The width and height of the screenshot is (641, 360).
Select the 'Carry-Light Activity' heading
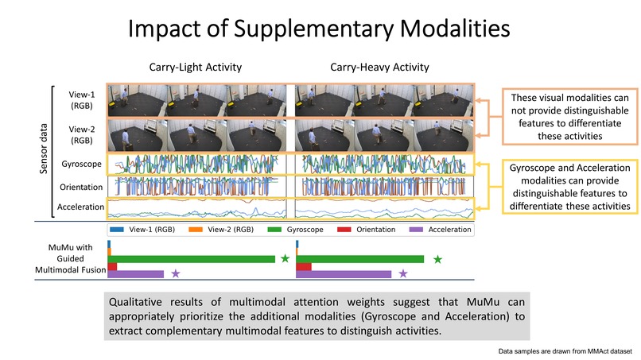pos(195,68)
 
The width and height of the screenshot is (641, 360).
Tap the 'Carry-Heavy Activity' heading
pos(379,68)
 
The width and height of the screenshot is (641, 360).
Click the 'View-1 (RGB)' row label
pos(81,100)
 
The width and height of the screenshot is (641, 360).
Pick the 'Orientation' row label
pos(81,187)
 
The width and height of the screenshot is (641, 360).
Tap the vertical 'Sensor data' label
pos(45,150)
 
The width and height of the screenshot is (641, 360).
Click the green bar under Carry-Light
pos(192,258)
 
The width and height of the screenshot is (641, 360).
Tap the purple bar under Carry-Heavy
pos(344,273)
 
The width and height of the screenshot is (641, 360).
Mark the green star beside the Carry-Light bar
pos(284,258)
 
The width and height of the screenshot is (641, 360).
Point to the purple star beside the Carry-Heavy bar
pos(403,273)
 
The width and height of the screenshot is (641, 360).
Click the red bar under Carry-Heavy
pos(303,266)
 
